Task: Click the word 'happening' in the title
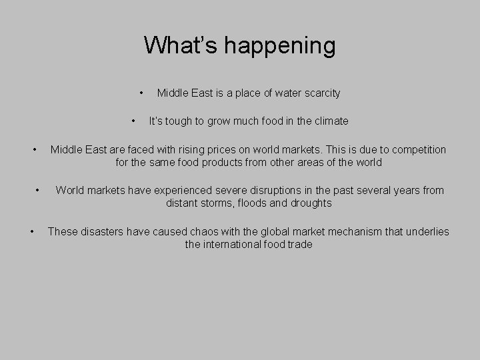tap(280, 47)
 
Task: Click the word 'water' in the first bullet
tap(281, 93)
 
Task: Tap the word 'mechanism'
tap(359, 232)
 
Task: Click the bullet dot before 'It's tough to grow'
tap(135, 121)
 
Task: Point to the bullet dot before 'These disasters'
tap(33, 231)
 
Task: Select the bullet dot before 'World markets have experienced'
tap(40, 190)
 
